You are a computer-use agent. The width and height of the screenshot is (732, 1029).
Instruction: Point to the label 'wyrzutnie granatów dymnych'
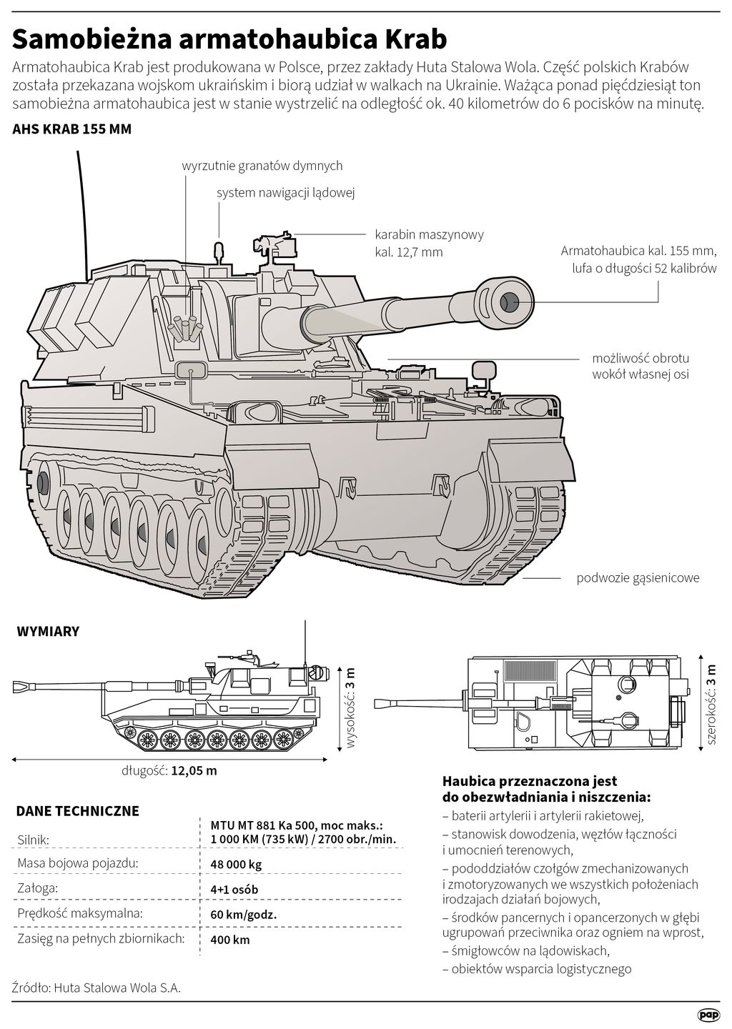[x=262, y=166]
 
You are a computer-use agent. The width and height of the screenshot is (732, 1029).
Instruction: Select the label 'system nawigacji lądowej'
[x=286, y=193]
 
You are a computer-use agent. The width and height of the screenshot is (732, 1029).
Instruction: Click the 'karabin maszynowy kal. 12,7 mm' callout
[x=429, y=243]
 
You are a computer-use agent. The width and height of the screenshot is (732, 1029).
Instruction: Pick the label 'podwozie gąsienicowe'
[x=638, y=578]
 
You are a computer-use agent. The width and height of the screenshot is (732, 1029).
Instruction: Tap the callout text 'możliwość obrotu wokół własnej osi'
[x=640, y=366]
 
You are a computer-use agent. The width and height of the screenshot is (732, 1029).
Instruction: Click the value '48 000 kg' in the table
[x=236, y=864]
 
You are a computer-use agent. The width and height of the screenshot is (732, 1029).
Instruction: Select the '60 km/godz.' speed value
[x=243, y=915]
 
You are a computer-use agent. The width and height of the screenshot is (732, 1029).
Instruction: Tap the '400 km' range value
[x=230, y=940]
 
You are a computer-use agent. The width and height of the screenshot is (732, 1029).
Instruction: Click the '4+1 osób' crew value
[x=234, y=890]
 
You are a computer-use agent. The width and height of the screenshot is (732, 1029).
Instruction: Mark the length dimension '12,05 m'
[x=193, y=771]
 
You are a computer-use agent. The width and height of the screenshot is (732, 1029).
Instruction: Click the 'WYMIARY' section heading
[x=47, y=632]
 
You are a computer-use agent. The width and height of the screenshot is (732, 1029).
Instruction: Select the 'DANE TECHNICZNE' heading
[x=77, y=811]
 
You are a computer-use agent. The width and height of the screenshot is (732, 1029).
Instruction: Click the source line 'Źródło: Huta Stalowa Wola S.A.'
[x=97, y=988]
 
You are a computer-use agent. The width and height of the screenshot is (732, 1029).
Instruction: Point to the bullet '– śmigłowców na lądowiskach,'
[x=526, y=951]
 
